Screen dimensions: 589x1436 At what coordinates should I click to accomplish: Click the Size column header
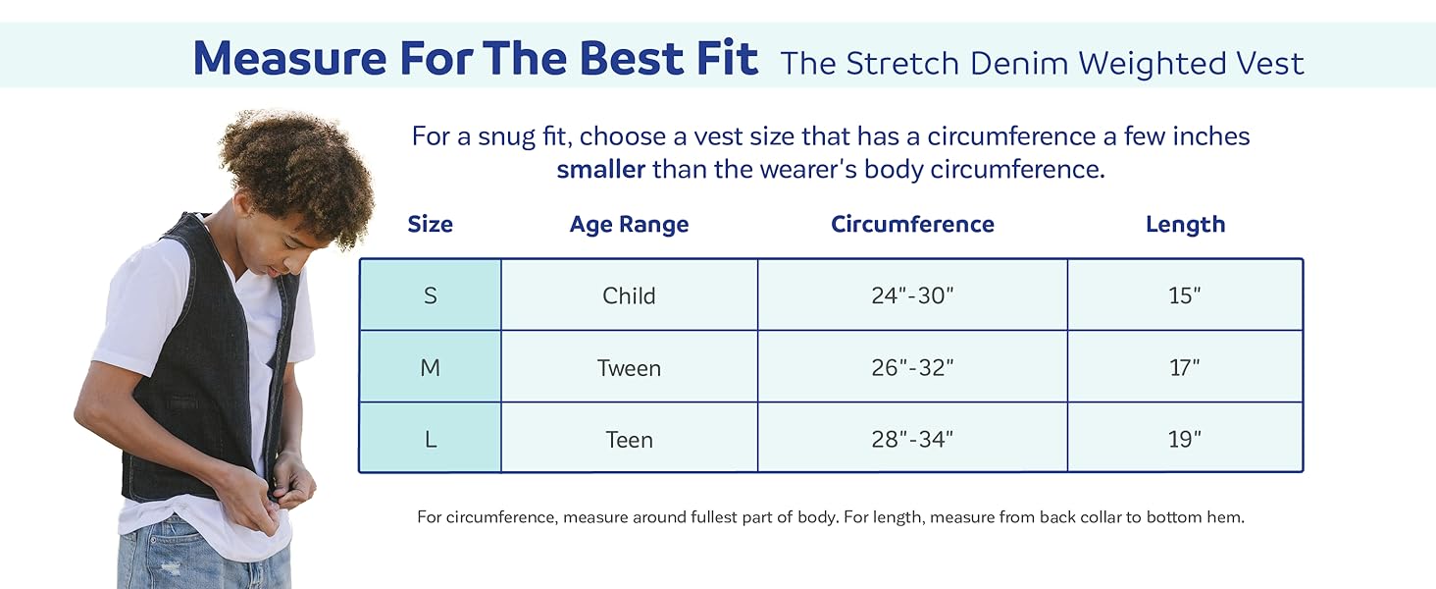[430, 224]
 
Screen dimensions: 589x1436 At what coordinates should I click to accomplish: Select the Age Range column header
[629, 224]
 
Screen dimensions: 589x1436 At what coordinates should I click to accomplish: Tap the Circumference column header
[912, 224]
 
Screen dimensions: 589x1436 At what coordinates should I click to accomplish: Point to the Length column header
[1185, 224]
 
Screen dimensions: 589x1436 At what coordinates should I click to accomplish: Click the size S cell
[430, 295]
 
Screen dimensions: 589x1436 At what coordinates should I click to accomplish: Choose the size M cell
[430, 368]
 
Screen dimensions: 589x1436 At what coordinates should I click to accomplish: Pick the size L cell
[430, 440]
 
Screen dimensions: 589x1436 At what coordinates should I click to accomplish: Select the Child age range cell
[629, 295]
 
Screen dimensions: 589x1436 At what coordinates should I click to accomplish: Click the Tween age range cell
[629, 368]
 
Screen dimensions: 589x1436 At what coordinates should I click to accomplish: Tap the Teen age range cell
[629, 440]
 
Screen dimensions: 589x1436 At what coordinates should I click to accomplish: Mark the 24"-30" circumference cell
[912, 295]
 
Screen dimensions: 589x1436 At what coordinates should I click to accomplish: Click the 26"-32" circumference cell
[912, 368]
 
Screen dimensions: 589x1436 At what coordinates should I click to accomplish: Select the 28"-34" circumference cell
[912, 440]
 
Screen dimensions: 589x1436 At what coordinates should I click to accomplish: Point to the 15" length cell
[1185, 295]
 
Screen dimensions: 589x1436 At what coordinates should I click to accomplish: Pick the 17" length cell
[1185, 368]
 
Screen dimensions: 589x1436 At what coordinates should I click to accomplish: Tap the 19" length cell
[1185, 440]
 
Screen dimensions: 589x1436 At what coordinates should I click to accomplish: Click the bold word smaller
[600, 169]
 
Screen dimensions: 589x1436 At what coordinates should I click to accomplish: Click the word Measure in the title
[288, 59]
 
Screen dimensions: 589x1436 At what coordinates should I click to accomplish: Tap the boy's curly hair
[294, 167]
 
